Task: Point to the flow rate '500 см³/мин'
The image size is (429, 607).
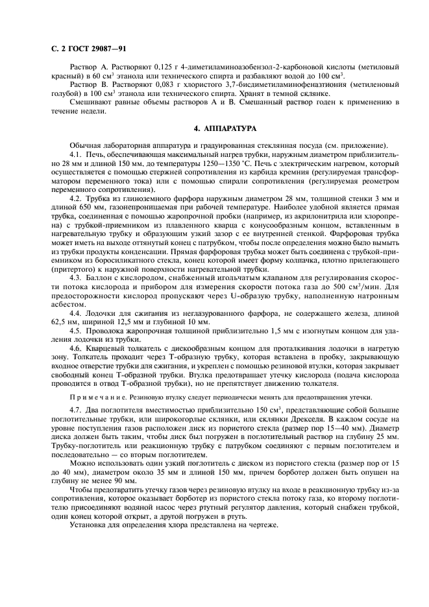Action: tap(354, 285)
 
